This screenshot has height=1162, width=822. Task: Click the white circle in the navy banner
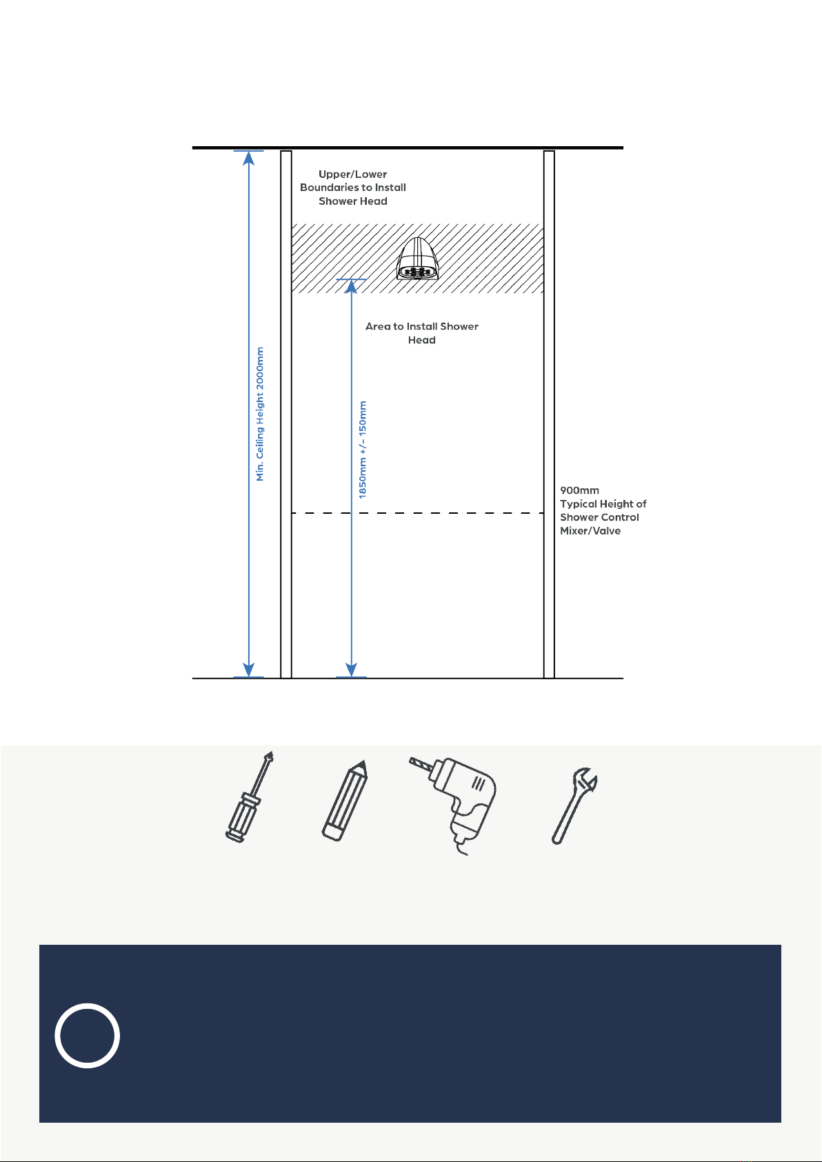pyautogui.click(x=88, y=1036)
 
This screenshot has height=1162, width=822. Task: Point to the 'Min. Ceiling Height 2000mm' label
pyautogui.click(x=260, y=414)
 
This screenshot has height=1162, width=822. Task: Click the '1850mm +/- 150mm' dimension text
pyautogui.click(x=363, y=450)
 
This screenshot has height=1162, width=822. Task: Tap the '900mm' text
pyautogui.click(x=579, y=490)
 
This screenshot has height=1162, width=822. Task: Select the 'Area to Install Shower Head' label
pyautogui.click(x=421, y=333)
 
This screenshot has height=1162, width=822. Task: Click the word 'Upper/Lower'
pyautogui.click(x=352, y=174)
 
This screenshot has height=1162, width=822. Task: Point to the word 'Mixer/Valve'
pyautogui.click(x=590, y=531)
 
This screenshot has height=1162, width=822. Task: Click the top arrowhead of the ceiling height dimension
pyautogui.click(x=249, y=158)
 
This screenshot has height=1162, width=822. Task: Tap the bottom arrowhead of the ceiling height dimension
pyautogui.click(x=249, y=670)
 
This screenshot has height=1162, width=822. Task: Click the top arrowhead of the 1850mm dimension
pyautogui.click(x=352, y=287)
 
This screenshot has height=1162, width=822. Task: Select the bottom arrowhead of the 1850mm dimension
pyautogui.click(x=352, y=670)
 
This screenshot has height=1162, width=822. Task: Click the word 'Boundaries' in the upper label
pyautogui.click(x=329, y=188)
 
